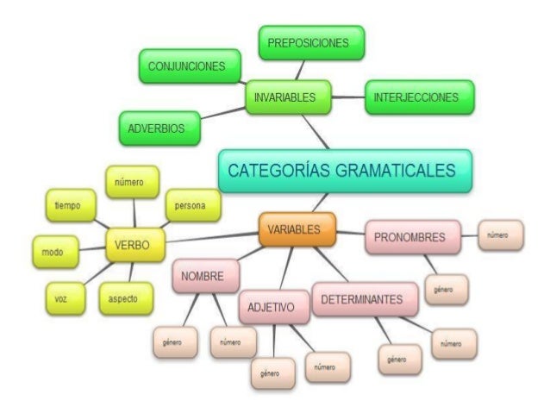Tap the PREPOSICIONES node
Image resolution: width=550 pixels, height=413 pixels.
310,42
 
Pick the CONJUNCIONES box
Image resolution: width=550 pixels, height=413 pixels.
188,66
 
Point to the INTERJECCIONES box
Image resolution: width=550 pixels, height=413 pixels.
418,97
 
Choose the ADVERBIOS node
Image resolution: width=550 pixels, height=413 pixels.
158,128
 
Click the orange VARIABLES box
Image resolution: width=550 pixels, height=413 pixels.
294,230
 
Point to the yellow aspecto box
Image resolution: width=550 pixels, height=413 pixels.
126,297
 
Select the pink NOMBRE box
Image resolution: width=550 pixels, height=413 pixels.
204,277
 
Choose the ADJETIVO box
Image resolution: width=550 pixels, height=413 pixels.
272,306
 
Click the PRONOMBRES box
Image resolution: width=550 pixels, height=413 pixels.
412,237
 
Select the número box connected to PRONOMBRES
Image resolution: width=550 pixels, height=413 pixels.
501,235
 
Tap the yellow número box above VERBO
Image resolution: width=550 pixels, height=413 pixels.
132,182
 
